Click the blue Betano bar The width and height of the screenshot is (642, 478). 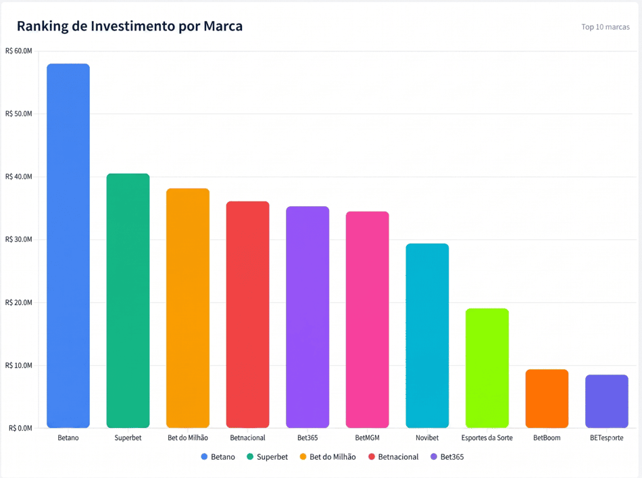pos(68,245)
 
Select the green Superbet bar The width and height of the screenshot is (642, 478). pos(128,301)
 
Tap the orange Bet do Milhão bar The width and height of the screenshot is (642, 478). pos(188,308)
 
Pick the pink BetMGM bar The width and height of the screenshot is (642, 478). pos(367,320)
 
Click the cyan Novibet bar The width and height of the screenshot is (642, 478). pos(427,336)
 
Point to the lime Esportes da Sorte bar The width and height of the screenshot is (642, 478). pos(487,368)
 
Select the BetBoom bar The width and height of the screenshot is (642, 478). pos(547,398)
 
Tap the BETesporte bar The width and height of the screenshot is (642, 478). pos(607,402)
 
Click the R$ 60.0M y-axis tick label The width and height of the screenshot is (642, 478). pos(18,51)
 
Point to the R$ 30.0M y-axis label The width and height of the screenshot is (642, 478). pos(18,239)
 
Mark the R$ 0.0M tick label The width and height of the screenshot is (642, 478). pos(20,428)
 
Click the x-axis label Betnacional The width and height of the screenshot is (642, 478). pos(248,437)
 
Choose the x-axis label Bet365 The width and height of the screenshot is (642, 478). pos(307,437)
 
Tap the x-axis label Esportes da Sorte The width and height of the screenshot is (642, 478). pos(487,437)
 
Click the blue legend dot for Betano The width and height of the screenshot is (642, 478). pos(204,456)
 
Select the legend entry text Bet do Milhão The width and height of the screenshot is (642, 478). pos(332,456)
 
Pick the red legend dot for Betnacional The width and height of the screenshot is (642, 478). pos(372,456)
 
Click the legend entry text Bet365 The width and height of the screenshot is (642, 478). pos(452,456)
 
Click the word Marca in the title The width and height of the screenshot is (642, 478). pos(223,26)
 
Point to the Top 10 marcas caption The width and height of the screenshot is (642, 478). pos(606,26)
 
